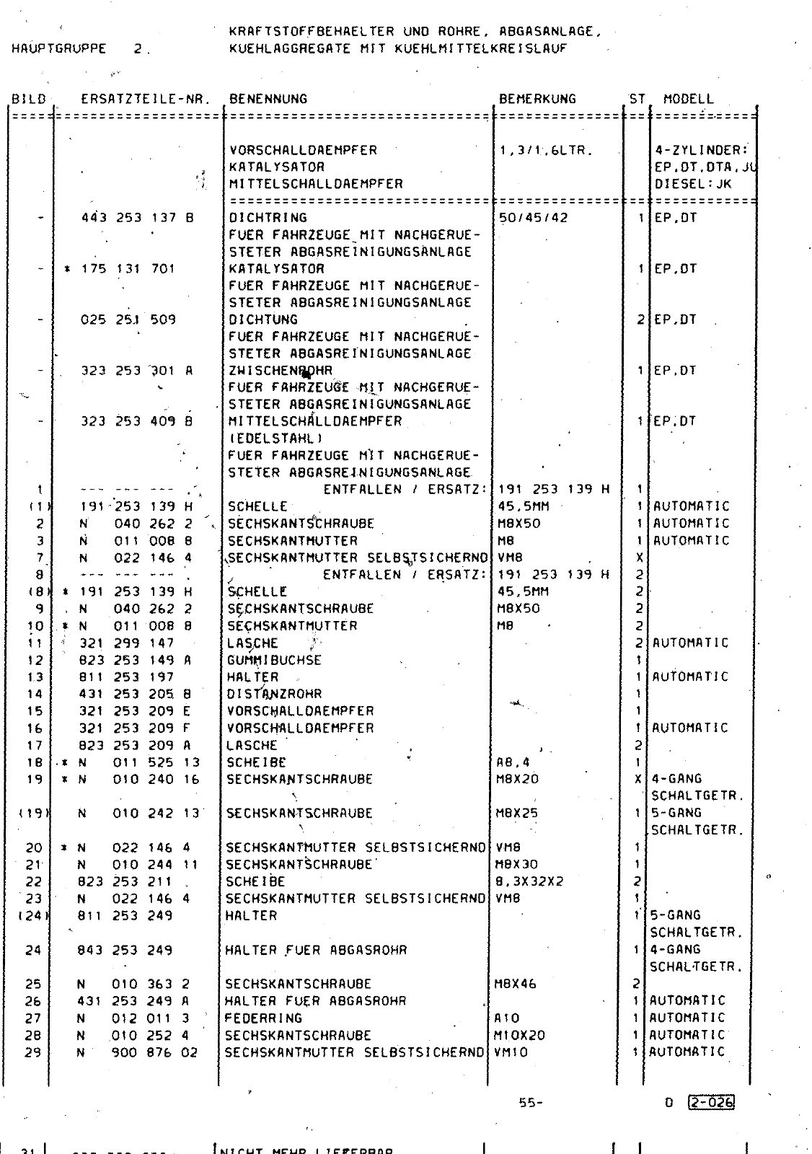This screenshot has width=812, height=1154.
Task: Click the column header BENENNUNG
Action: click(x=268, y=99)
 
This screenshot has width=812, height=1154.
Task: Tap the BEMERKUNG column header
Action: click(x=537, y=99)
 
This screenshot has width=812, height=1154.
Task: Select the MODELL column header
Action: click(x=688, y=99)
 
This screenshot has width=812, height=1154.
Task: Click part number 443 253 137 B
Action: click(x=137, y=217)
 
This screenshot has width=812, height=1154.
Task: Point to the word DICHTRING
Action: click(x=268, y=217)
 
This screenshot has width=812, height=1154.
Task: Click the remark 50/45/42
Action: click(x=533, y=217)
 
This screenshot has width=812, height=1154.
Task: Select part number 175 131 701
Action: click(x=127, y=268)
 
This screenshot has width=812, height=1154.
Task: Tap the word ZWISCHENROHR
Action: click(x=281, y=371)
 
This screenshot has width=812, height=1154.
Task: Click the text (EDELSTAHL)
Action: click(x=275, y=438)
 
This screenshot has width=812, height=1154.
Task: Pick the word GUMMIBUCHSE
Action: click(x=274, y=660)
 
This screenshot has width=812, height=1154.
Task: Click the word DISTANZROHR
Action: click(x=274, y=694)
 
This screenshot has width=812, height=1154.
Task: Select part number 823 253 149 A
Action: click(x=136, y=660)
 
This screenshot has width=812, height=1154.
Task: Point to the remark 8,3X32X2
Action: click(x=530, y=881)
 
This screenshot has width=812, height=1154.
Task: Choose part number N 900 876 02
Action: click(x=137, y=1052)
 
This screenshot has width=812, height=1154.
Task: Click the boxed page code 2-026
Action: click(x=711, y=1102)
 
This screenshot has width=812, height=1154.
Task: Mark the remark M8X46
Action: click(x=516, y=984)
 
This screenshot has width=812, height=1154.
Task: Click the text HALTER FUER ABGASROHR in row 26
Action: click(x=315, y=1001)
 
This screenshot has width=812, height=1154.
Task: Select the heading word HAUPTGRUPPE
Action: click(x=59, y=49)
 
